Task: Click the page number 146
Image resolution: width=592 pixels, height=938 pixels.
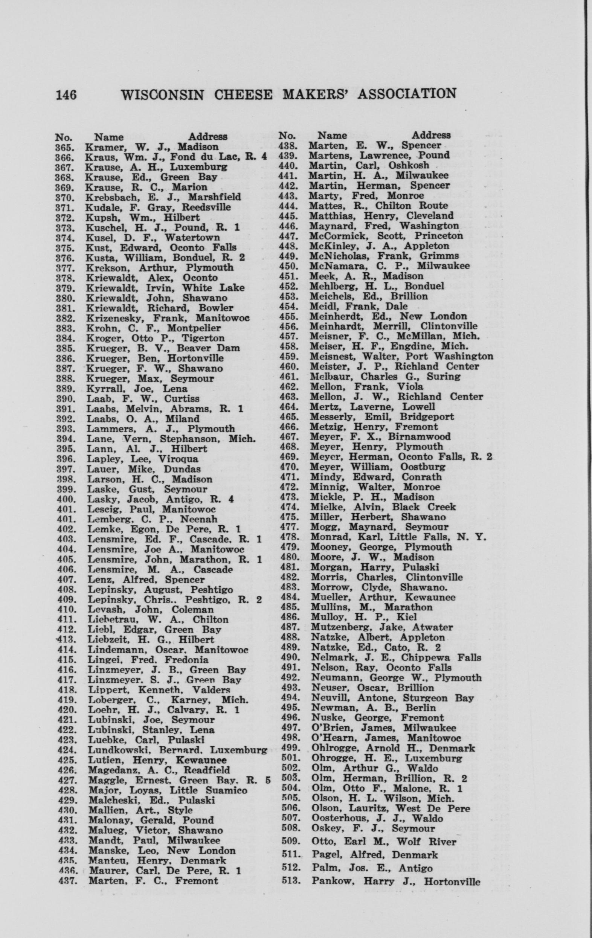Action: tap(66, 95)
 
